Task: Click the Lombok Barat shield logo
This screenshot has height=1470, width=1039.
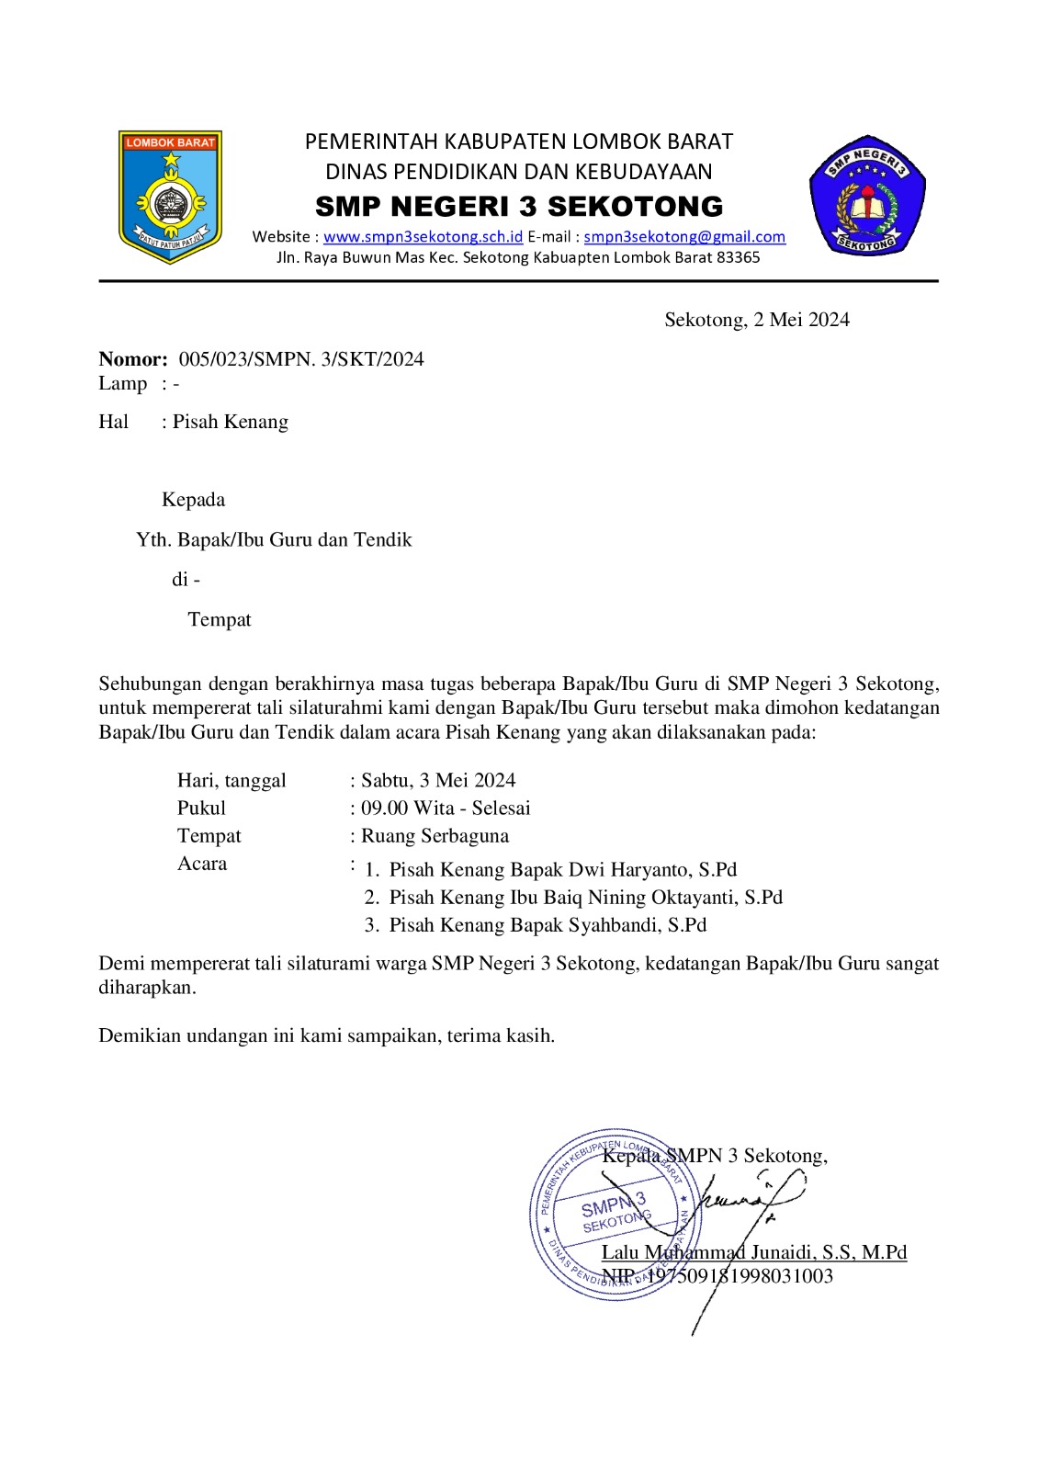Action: pyautogui.click(x=170, y=196)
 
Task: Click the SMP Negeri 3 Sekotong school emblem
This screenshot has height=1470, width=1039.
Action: pyautogui.click(x=866, y=197)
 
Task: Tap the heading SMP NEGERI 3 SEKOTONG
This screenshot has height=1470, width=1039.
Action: pyautogui.click(x=519, y=206)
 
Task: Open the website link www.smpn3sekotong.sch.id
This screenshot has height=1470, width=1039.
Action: pyautogui.click(x=423, y=237)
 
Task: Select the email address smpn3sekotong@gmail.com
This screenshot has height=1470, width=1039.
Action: pyautogui.click(x=684, y=237)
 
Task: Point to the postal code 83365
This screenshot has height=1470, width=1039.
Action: pyautogui.click(x=738, y=257)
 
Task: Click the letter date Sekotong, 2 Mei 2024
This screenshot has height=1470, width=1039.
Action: pyautogui.click(x=757, y=320)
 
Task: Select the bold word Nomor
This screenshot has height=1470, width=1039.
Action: pyautogui.click(x=132, y=359)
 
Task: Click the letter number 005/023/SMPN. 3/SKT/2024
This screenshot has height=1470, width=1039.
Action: pyautogui.click(x=301, y=359)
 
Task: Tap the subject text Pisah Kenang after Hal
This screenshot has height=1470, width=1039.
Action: pyautogui.click(x=231, y=422)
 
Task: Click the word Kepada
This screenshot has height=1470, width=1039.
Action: pyautogui.click(x=193, y=500)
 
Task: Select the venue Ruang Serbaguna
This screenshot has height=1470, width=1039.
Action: pyautogui.click(x=435, y=836)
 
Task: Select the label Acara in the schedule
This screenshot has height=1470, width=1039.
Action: pyautogui.click(x=202, y=864)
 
